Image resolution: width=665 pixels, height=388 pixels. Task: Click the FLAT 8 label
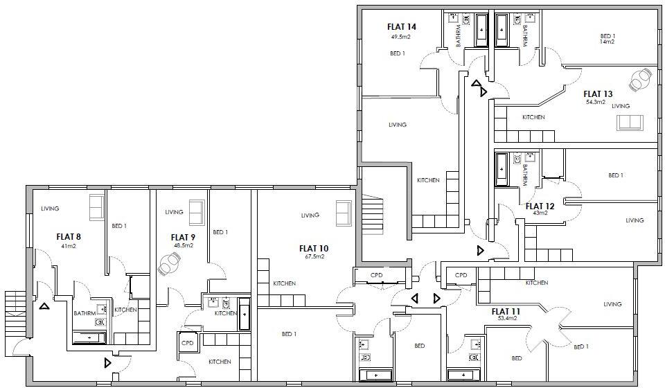coord(68,236)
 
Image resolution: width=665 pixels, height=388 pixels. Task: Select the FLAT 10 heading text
coord(313,248)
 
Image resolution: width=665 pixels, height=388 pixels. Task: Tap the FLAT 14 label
coord(401,27)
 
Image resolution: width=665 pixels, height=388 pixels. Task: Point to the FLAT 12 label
coord(540,206)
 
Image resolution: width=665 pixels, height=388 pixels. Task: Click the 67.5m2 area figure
coord(314,256)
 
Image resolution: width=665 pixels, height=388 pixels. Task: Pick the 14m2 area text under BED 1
coord(608,42)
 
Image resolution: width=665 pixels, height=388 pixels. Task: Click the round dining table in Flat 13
coord(641,80)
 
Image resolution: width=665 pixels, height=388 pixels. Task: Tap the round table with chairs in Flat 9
coord(170,264)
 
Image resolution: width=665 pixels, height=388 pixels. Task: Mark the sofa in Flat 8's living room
coord(96,206)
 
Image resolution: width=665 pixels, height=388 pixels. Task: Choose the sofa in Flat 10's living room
coord(343,213)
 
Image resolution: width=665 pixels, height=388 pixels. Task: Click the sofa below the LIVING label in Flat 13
coord(630,123)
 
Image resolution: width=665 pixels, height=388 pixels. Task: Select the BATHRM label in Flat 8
coord(84,313)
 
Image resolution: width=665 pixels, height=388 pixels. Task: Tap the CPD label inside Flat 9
coord(187,344)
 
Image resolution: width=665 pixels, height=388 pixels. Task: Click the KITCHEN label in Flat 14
coord(427,180)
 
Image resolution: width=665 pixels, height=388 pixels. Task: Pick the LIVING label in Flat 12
coord(635,220)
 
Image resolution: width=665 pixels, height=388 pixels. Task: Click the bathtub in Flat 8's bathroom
coord(89,337)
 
